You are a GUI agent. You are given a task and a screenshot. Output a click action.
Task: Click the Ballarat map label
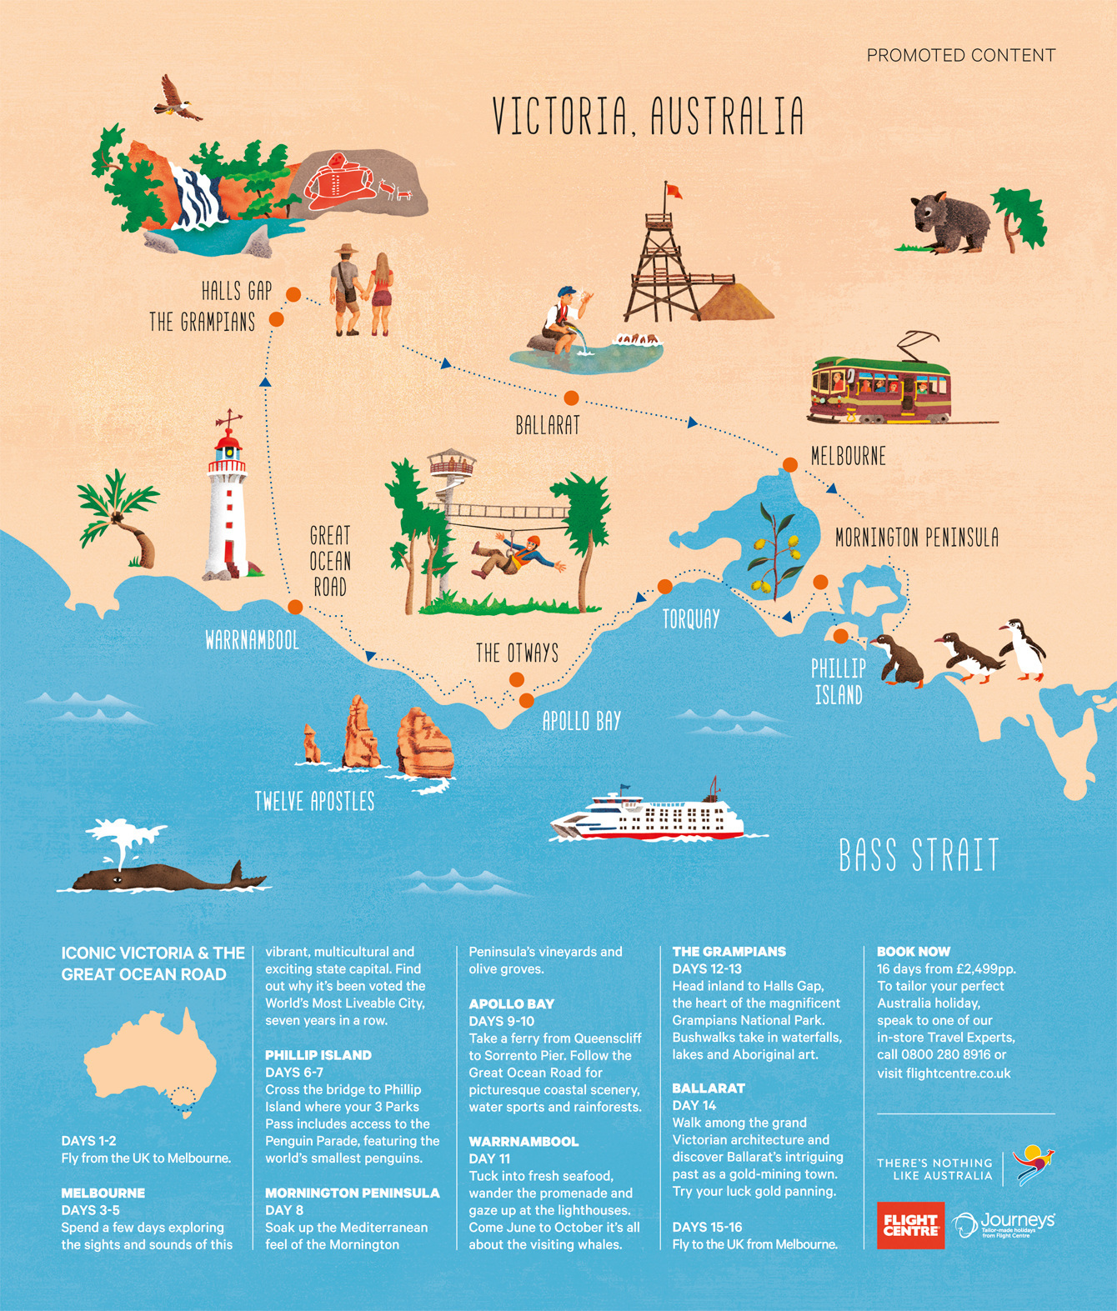pyautogui.click(x=547, y=425)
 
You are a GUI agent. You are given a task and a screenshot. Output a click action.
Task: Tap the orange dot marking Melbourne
pyautogui.click(x=789, y=465)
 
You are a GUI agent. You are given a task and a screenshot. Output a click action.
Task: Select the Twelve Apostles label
pyautogui.click(x=314, y=802)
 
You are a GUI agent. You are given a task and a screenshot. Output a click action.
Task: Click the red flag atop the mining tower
pyautogui.click(x=673, y=191)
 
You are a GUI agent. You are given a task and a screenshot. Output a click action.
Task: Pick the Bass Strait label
pyautogui.click(x=918, y=856)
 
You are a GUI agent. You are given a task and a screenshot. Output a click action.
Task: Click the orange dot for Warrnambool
pyautogui.click(x=294, y=607)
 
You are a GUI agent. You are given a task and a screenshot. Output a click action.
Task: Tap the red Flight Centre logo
pyautogui.click(x=910, y=1225)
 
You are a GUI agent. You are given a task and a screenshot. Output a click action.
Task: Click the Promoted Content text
pyautogui.click(x=960, y=56)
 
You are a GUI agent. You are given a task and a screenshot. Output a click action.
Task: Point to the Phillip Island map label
pyautogui.click(x=839, y=681)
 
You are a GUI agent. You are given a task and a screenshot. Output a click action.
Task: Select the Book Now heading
pyautogui.click(x=913, y=951)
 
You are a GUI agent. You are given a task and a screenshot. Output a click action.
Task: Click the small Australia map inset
pyautogui.click(x=150, y=1062)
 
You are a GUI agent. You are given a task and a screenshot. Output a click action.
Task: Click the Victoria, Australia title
pyautogui.click(x=648, y=116)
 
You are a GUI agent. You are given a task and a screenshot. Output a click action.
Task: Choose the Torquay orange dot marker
pyautogui.click(x=664, y=587)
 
